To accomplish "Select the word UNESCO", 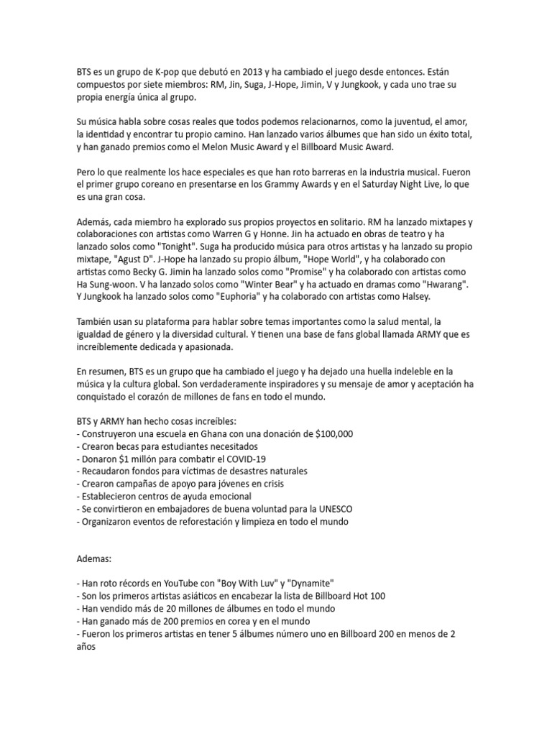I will (x=326, y=509).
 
